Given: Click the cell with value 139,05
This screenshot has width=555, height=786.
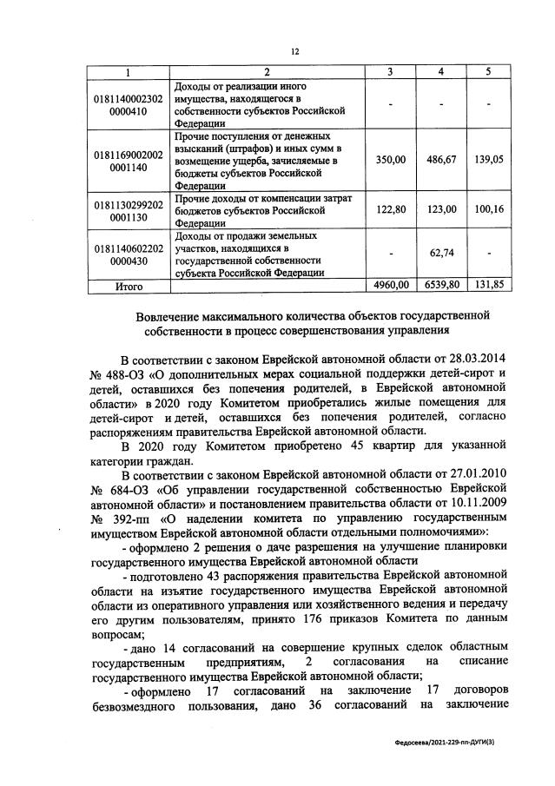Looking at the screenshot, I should (x=488, y=160).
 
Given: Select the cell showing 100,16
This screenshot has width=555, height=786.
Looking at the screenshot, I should (x=488, y=209).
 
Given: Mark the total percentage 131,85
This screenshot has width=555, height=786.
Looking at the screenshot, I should (x=488, y=284).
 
